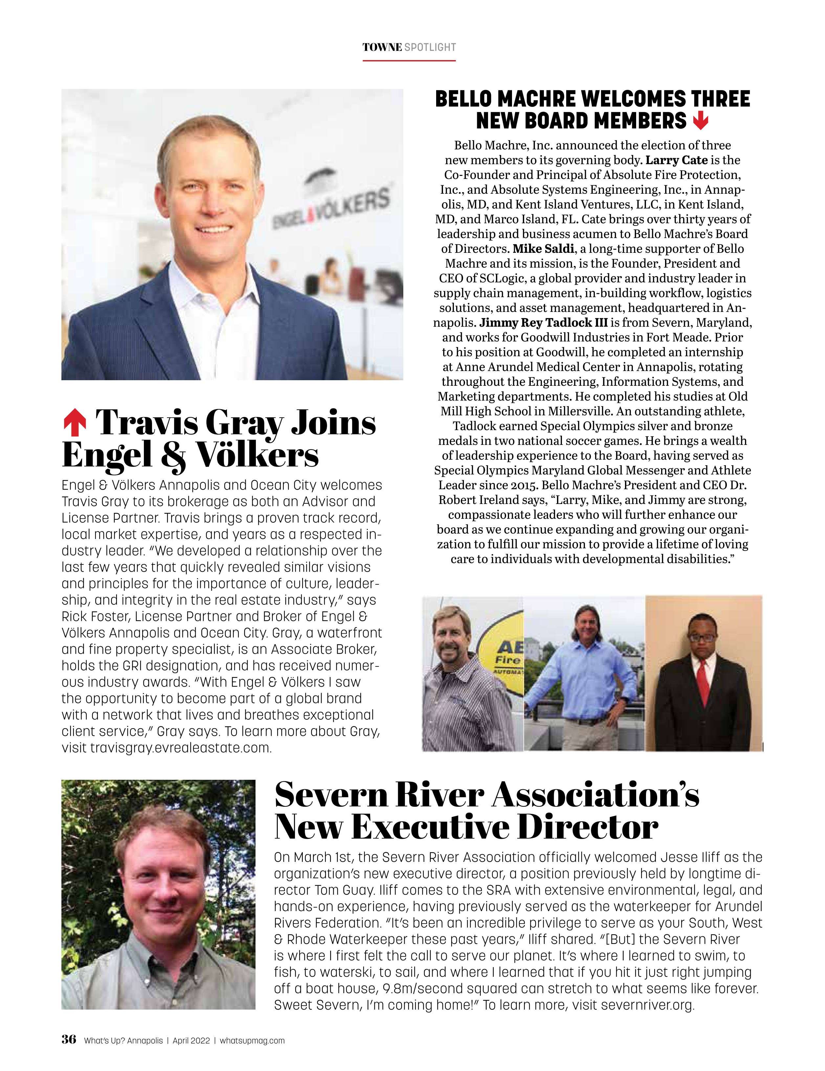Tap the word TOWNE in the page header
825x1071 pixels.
pos(382,48)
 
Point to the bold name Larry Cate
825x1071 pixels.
pos(676,160)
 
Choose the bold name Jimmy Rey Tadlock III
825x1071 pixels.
pos(544,323)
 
